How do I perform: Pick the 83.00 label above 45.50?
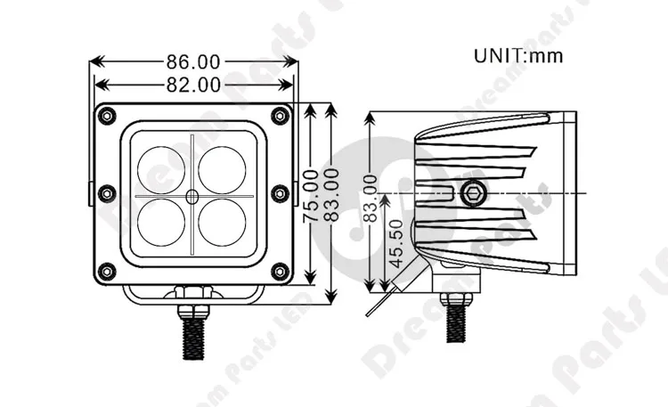[x=371, y=198]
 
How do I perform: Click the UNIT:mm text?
[x=518, y=55]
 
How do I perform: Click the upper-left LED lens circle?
[x=161, y=163]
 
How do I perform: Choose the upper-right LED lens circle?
[x=222, y=163]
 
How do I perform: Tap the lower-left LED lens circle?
[x=161, y=222]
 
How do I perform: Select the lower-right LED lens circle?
[x=222, y=222]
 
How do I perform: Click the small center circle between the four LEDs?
[x=191, y=193]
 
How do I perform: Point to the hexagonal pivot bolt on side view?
[x=474, y=191]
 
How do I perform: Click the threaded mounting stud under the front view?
[x=191, y=333]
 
